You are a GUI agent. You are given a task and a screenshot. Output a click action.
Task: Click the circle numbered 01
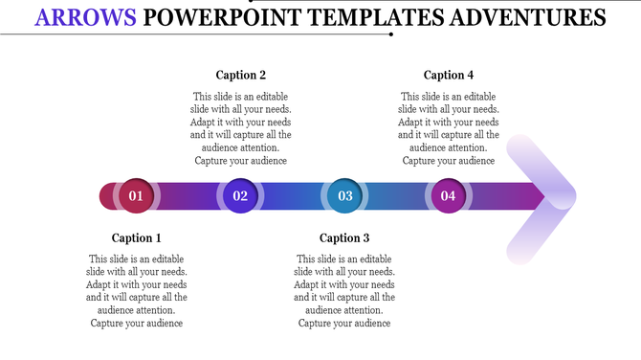[x=136, y=196]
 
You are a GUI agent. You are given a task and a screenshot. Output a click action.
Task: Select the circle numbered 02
[x=240, y=196]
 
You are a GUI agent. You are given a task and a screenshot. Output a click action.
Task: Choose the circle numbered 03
[x=344, y=196]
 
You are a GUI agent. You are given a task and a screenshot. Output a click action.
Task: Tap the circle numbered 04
[x=448, y=196]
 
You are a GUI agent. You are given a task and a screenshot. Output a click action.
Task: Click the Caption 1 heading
[x=137, y=238]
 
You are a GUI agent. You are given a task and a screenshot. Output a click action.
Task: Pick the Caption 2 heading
[x=241, y=75]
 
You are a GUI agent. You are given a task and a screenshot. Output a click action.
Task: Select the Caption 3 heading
[x=344, y=238]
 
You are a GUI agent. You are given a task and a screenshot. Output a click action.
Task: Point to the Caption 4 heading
[x=449, y=75]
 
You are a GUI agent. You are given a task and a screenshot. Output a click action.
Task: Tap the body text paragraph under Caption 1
[x=137, y=291]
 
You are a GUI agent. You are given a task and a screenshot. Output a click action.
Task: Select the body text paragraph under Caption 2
[x=241, y=128]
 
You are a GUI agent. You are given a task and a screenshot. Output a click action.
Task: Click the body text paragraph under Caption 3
[x=344, y=291]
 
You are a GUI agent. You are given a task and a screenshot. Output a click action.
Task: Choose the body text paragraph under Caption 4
[x=449, y=128]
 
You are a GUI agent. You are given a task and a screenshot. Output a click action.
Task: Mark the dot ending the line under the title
[x=392, y=34]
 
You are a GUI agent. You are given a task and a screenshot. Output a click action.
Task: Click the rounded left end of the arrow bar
[x=106, y=196]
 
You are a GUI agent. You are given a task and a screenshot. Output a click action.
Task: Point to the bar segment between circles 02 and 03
[x=292, y=196]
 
